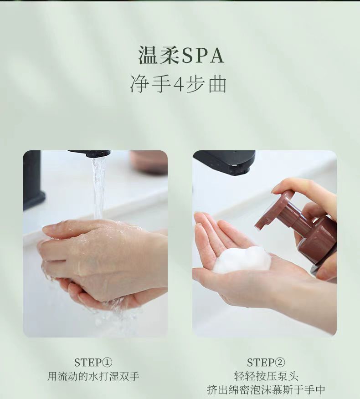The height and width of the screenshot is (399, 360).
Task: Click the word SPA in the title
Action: click(x=203, y=55)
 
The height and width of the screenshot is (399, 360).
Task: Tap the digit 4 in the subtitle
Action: click(x=178, y=84)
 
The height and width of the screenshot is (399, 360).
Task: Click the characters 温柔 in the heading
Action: click(x=159, y=55)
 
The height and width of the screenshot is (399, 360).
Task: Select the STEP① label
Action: click(x=93, y=363)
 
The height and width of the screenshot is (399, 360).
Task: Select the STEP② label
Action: click(x=266, y=363)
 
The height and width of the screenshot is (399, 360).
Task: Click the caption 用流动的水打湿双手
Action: click(x=93, y=376)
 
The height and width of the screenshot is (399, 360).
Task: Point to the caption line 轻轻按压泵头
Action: click(x=266, y=376)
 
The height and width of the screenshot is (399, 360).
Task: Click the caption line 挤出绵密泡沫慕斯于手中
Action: click(x=266, y=389)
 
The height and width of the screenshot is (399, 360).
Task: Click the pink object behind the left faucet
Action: click(x=148, y=162)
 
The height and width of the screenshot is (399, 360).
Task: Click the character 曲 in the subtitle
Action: click(x=218, y=84)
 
